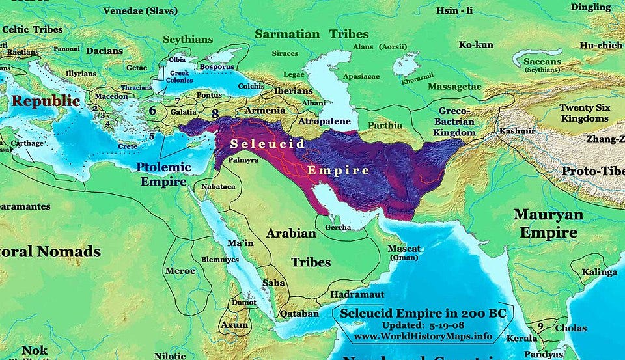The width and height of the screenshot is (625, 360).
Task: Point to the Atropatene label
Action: pos(324,122)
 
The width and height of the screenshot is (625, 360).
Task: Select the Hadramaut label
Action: pos(357,294)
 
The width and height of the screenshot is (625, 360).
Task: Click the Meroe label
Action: pos(180,270)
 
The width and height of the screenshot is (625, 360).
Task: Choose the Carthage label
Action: pos(27,143)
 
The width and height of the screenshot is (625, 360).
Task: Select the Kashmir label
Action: pos(517,131)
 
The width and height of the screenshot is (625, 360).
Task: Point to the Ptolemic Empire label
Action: pos(163,174)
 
